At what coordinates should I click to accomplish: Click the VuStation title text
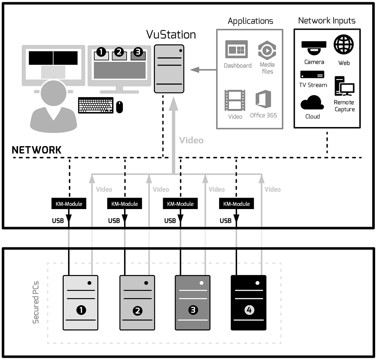(171, 35)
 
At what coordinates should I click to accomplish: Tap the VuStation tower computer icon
(169, 69)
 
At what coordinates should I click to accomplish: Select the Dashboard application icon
(236, 50)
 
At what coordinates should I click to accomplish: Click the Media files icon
(267, 50)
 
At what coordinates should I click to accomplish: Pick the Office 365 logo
(263, 99)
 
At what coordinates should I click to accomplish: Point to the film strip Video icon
(235, 100)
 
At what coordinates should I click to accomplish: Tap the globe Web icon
(343, 45)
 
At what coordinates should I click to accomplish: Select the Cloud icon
(312, 103)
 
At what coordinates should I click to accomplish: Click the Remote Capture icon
(344, 86)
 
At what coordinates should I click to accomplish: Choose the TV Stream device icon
(312, 75)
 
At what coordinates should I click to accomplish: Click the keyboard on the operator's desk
(96, 105)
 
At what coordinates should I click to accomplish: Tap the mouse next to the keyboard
(120, 107)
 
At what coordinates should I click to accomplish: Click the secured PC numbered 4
(249, 303)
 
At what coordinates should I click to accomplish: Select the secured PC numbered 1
(81, 303)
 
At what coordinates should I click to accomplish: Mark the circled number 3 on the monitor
(138, 52)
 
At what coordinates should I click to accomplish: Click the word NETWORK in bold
(36, 150)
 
